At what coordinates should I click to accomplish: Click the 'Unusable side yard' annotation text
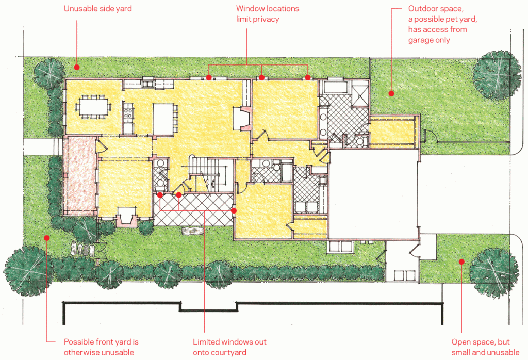pyautogui.click(x=97, y=8)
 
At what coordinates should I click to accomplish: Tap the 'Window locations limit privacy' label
pyautogui.click(x=268, y=14)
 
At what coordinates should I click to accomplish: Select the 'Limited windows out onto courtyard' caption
pyautogui.click(x=229, y=347)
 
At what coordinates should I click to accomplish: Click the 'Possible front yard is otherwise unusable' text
pyautogui.click(x=101, y=347)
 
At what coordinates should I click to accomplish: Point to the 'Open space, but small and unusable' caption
pyautogui.click(x=485, y=347)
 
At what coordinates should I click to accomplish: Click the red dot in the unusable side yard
pyautogui.click(x=77, y=67)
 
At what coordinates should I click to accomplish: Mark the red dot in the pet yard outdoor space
pyautogui.click(x=391, y=93)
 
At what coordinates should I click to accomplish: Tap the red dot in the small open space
pyautogui.click(x=461, y=261)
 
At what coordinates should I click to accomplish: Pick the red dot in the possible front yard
pyautogui.click(x=47, y=238)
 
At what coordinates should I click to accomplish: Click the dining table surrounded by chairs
pyautogui.click(x=93, y=107)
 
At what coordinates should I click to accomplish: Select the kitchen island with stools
pyautogui.click(x=163, y=119)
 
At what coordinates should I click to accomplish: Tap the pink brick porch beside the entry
pyautogui.click(x=80, y=175)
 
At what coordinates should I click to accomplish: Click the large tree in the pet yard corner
pyautogui.click(x=496, y=75)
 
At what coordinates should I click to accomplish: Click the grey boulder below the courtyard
pyautogui.click(x=193, y=231)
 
